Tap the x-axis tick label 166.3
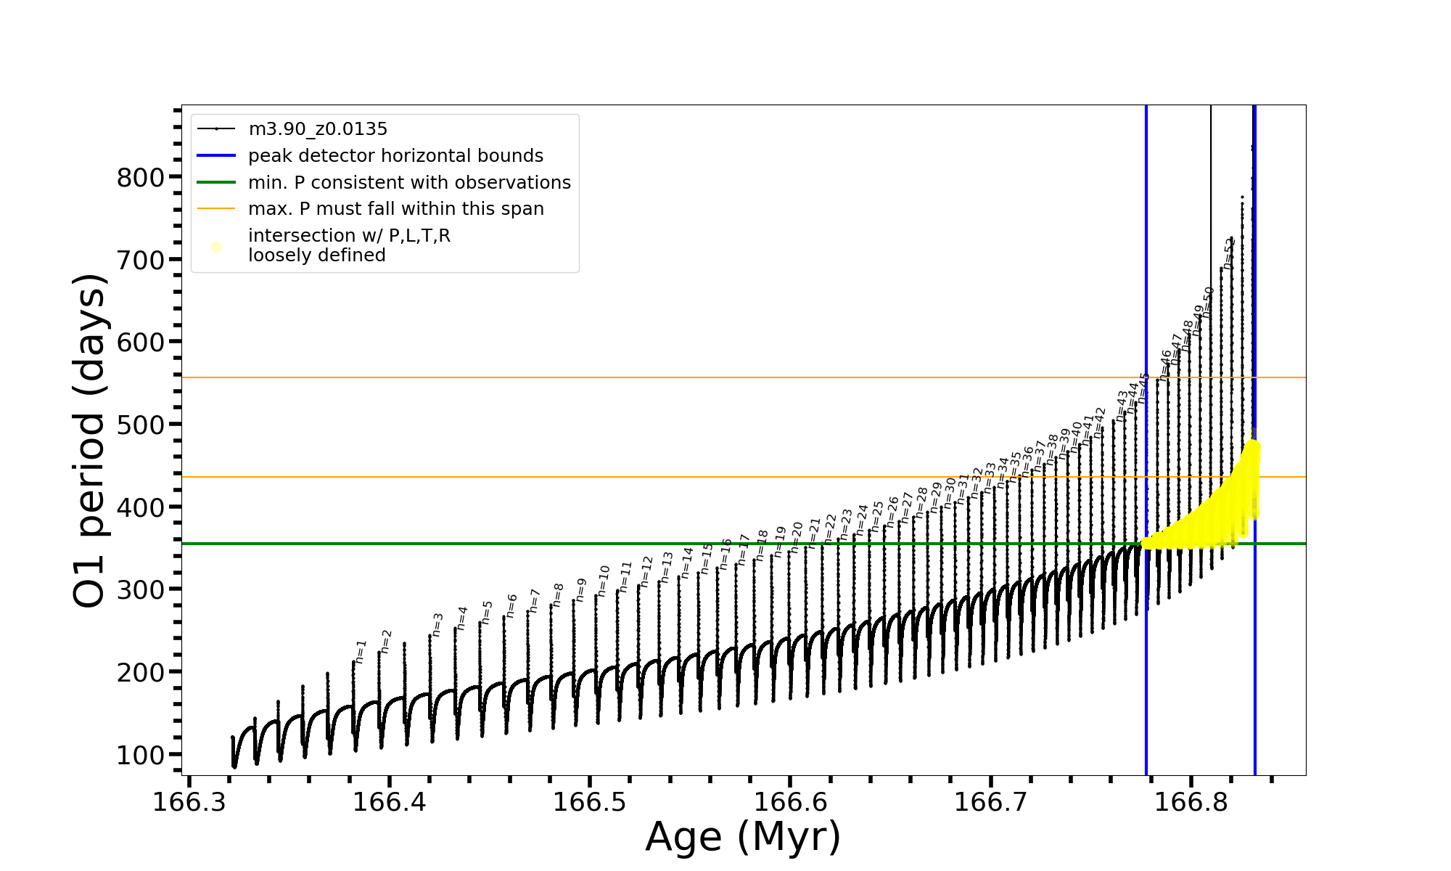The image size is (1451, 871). click(x=189, y=802)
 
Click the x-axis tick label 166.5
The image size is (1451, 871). click(x=590, y=802)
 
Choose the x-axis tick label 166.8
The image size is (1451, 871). click(x=1191, y=802)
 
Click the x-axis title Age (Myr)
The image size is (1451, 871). click(x=743, y=836)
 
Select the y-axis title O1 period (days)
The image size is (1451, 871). click(x=90, y=441)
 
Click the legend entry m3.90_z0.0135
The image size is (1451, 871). click(x=318, y=129)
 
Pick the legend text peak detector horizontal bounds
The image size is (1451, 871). click(x=395, y=156)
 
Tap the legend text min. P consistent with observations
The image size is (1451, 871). click(x=409, y=183)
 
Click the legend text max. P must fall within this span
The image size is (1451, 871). click(x=395, y=209)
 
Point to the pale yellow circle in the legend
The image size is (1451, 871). click(x=216, y=247)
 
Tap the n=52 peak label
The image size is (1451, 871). click(x=1228, y=253)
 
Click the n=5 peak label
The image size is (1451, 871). click(x=487, y=611)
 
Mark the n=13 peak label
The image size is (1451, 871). click(x=667, y=566)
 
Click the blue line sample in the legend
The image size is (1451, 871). click(x=216, y=156)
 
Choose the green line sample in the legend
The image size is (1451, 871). click(x=216, y=183)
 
